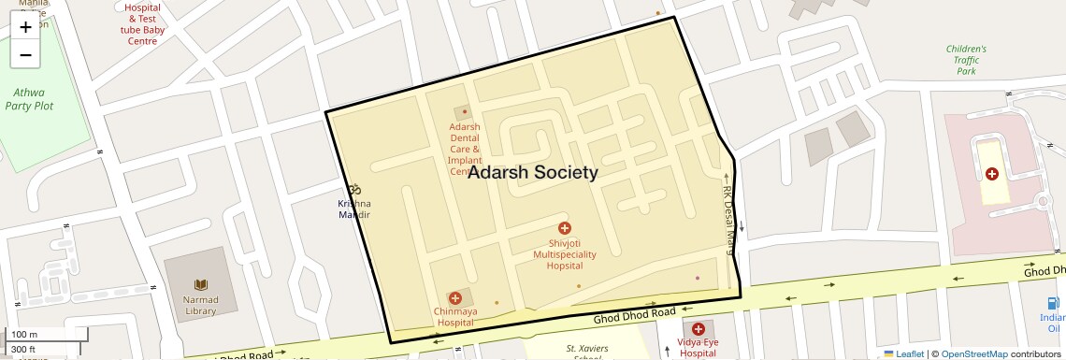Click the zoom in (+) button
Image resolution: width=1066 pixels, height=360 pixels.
(25, 27)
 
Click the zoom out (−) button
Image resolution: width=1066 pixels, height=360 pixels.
(25, 54)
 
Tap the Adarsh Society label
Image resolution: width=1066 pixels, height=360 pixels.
(533, 172)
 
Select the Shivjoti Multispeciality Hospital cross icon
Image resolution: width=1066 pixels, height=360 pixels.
(564, 228)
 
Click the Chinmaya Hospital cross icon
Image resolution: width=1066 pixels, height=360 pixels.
(455, 297)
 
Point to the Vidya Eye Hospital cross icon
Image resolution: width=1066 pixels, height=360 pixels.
(698, 328)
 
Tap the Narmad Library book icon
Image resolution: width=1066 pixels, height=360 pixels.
(200, 284)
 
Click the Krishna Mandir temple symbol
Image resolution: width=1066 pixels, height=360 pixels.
(353, 190)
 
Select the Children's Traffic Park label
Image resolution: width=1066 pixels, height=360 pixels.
(966, 60)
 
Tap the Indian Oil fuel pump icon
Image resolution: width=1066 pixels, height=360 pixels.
(1054, 303)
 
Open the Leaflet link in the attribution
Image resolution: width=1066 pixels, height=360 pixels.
(903, 353)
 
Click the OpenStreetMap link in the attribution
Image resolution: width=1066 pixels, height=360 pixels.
(973, 353)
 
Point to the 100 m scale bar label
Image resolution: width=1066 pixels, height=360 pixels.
(24, 334)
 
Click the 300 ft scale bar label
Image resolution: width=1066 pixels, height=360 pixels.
(23, 349)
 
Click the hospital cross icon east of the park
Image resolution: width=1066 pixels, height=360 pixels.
(991, 174)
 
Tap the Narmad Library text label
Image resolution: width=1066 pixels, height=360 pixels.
(200, 306)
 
